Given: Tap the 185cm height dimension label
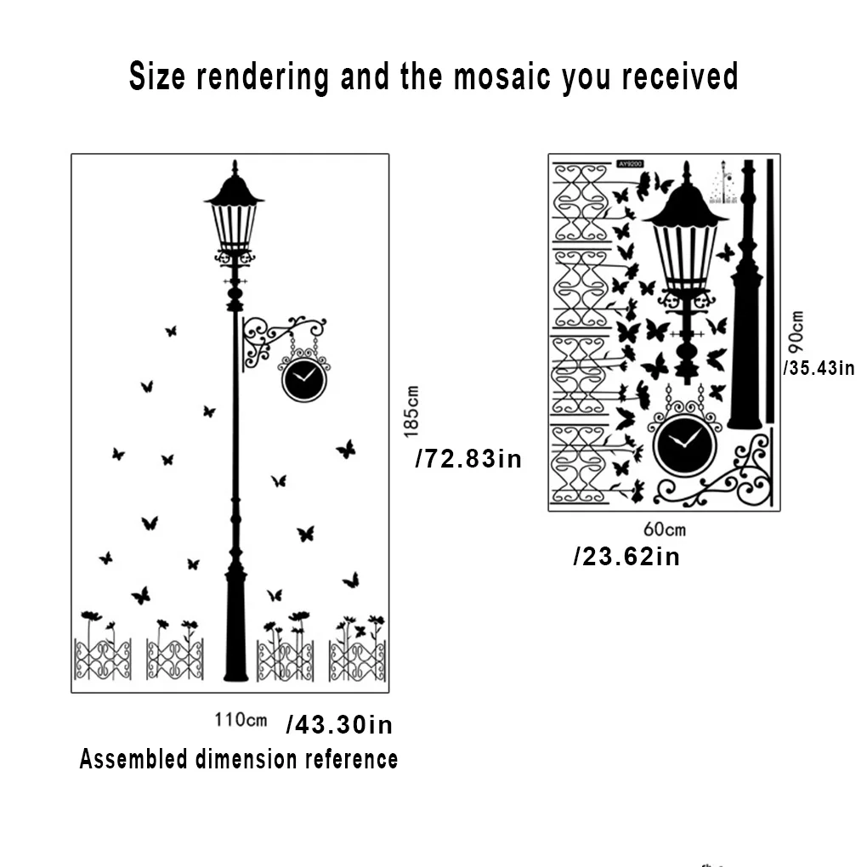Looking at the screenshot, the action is (412, 411).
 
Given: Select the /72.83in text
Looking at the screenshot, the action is (468, 460).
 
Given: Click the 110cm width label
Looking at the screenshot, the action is (241, 720).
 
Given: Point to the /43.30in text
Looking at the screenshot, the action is (339, 725).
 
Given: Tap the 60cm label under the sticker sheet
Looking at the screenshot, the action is (664, 530).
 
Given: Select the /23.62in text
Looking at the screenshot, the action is (626, 557).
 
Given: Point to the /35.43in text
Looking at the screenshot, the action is (819, 368).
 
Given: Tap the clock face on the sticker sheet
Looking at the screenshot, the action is (684, 445).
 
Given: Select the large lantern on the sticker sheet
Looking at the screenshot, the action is (685, 238).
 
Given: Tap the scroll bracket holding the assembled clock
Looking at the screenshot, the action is (272, 338).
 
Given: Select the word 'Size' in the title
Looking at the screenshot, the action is (157, 77).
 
